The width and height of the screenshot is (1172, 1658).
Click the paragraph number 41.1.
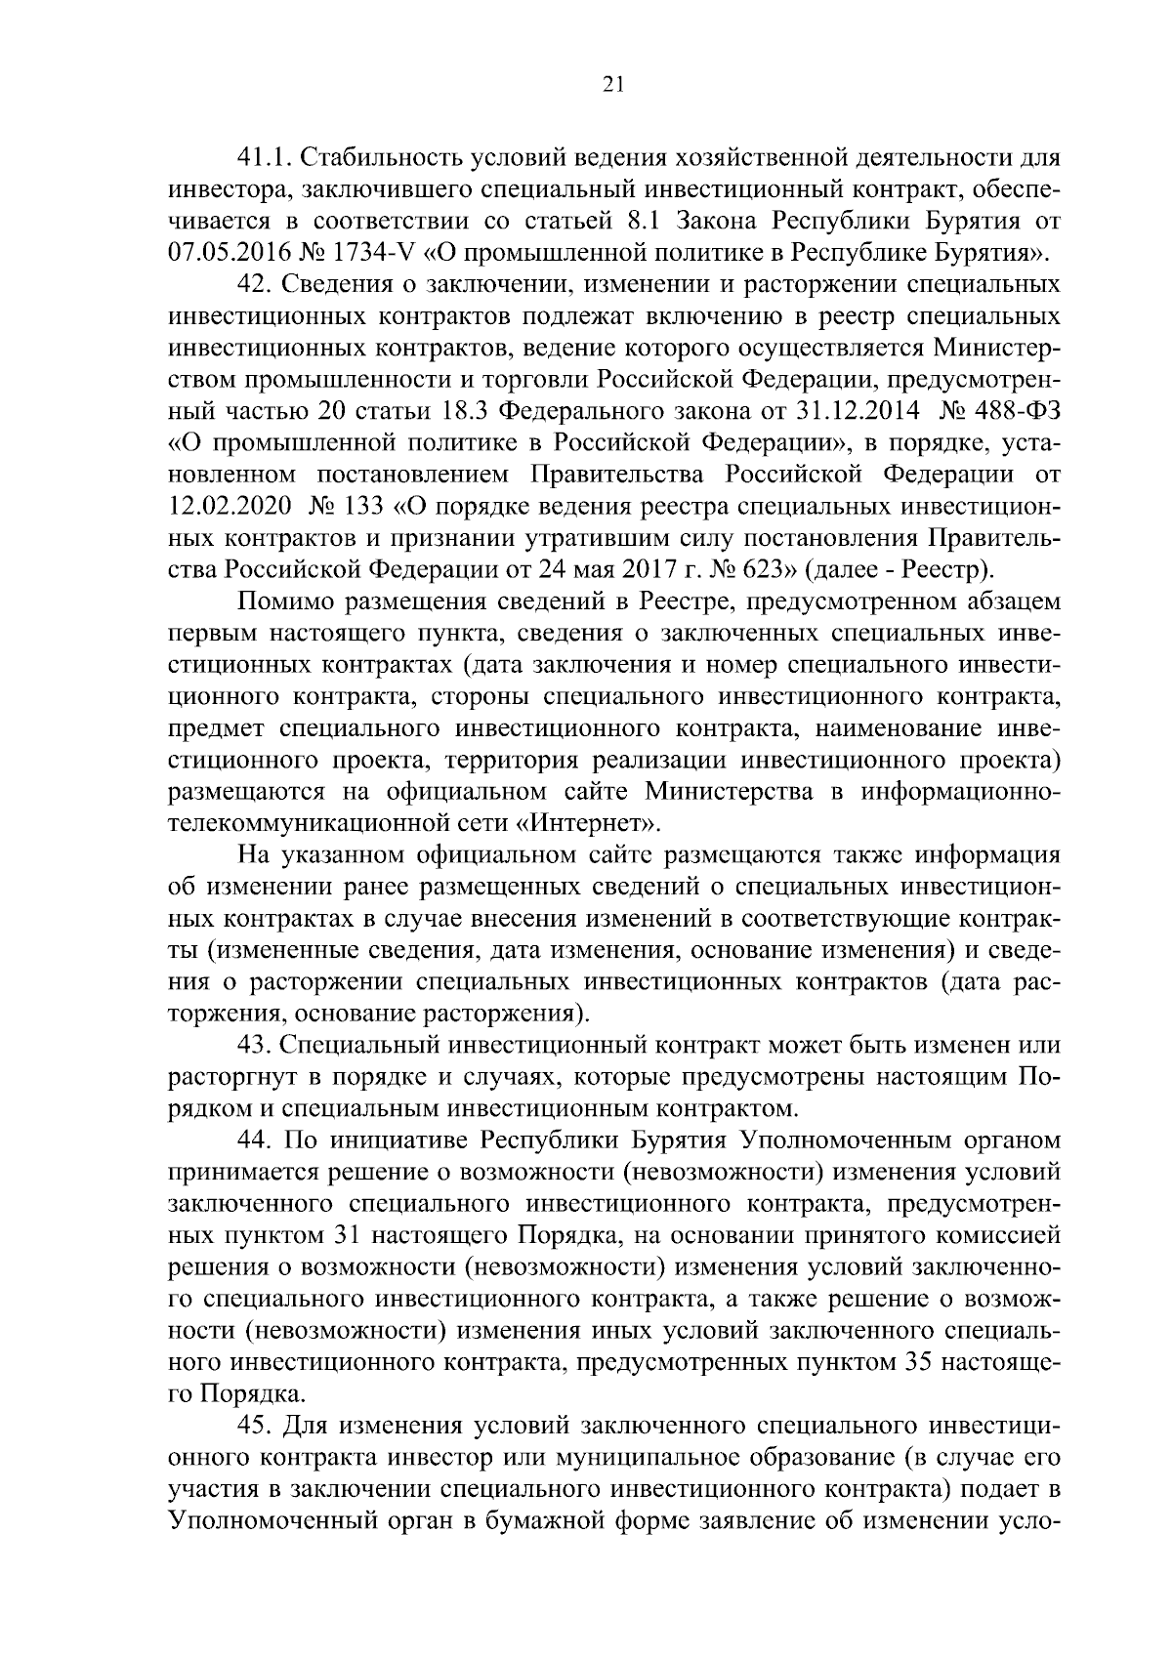267,158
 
